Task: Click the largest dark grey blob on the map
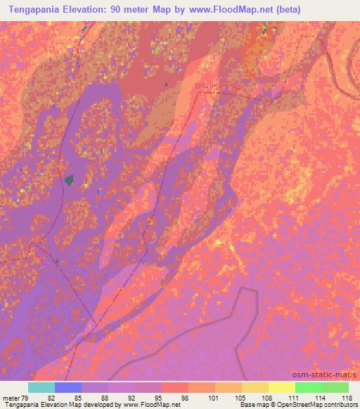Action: [70, 181]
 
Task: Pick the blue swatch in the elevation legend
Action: [67, 387]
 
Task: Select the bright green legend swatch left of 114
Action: [308, 387]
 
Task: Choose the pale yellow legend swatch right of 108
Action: [281, 387]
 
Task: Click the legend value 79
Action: [25, 398]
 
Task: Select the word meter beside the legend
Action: [11, 398]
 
